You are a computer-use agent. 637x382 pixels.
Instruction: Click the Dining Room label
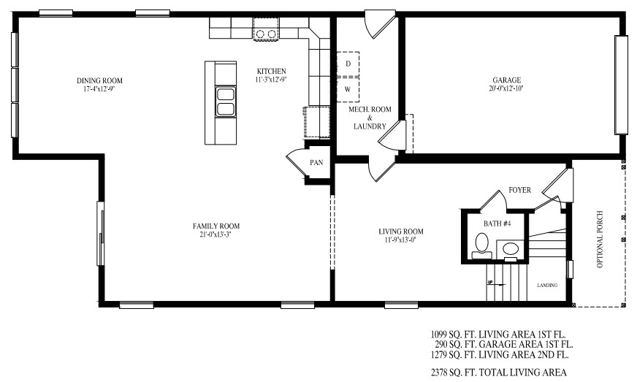pos(99,80)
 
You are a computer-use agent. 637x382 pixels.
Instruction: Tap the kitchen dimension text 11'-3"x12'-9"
pos(270,80)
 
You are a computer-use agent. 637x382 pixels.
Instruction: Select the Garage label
pos(506,80)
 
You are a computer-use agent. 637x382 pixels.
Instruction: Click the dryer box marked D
pos(348,64)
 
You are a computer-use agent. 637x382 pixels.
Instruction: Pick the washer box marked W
pos(348,89)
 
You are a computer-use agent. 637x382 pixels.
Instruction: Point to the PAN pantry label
pos(316,163)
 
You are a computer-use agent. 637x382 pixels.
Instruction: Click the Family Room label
pos(215,226)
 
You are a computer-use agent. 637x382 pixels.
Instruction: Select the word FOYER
pos(520,191)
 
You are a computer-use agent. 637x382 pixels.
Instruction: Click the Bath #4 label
pos(497,223)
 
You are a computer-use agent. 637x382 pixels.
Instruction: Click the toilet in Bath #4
pos(482,244)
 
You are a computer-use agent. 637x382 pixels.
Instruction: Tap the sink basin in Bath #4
pos(511,249)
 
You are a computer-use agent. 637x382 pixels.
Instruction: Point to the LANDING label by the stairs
pos(547,286)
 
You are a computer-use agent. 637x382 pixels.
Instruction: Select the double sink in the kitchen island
pos(226,102)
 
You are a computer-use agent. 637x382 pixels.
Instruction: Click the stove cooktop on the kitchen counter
pos(265,33)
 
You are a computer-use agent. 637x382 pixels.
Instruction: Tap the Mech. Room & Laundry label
pos(370,118)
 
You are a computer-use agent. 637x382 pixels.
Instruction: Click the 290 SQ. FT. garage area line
pos(502,344)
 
